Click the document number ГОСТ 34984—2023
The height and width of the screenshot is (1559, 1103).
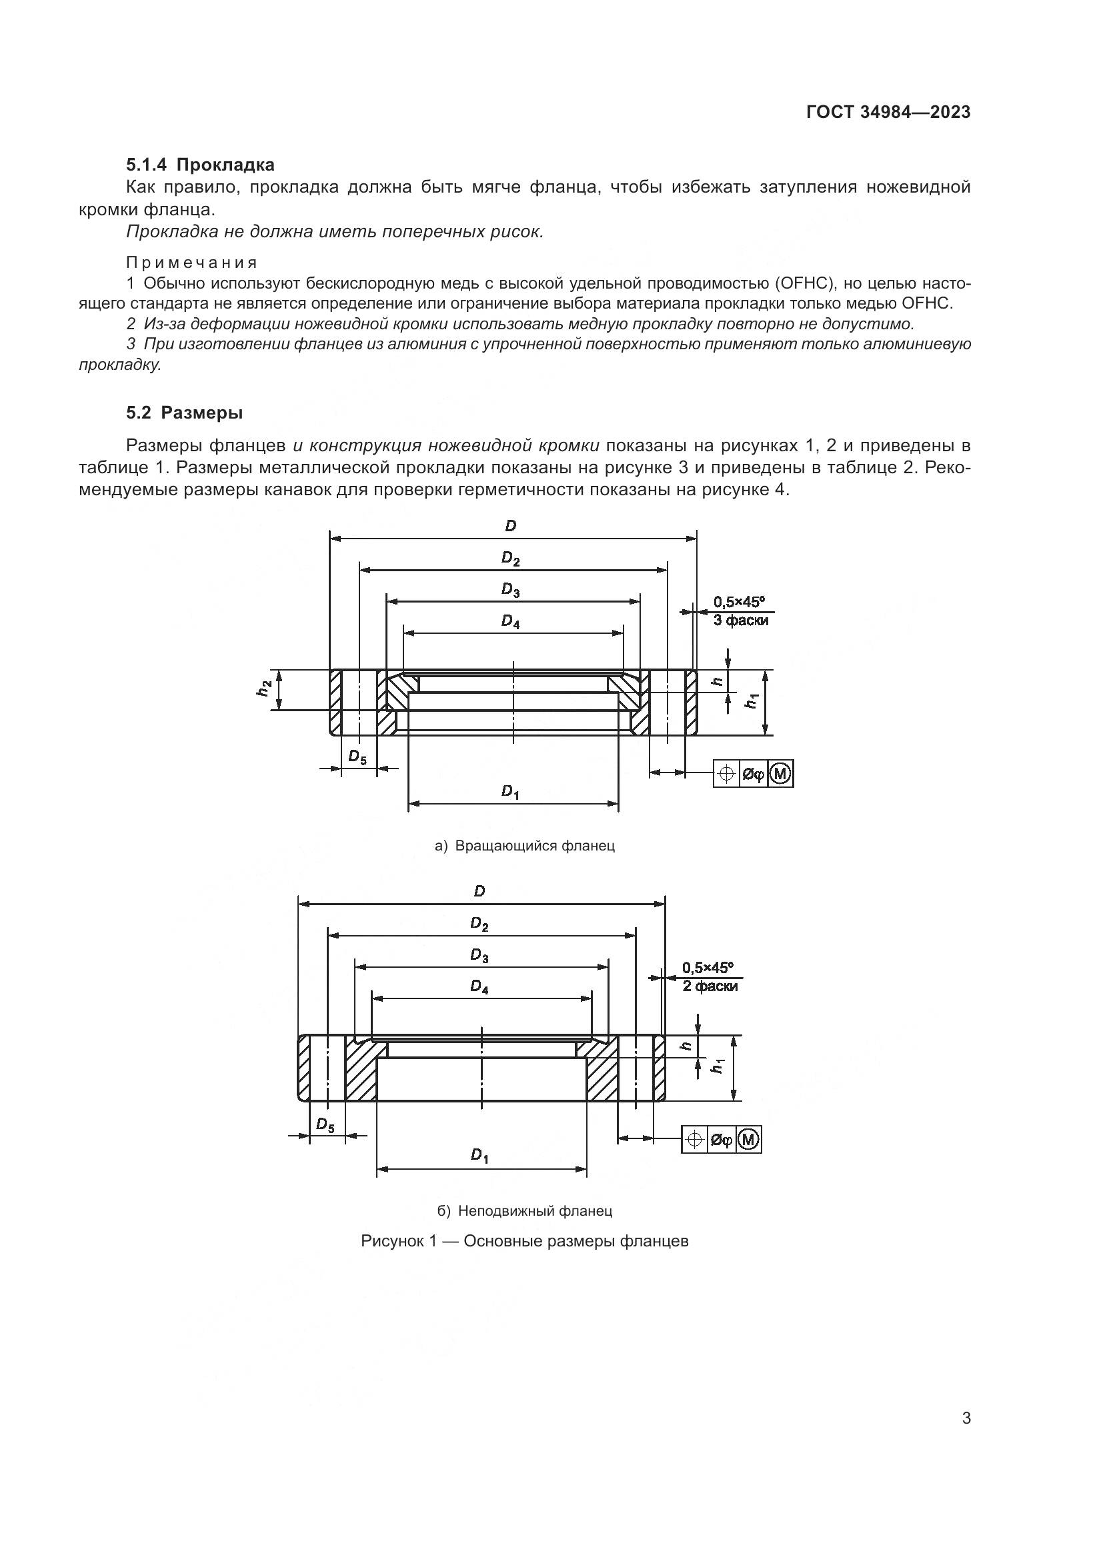point(888,113)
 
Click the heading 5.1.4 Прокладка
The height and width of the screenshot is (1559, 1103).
point(200,165)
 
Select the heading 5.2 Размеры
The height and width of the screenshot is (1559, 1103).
point(184,413)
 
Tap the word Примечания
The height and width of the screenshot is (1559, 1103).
point(192,263)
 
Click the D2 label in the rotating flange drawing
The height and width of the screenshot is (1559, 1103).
point(511,559)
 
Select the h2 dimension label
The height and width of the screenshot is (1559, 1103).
point(264,689)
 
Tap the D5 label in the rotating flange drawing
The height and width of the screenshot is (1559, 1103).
point(357,757)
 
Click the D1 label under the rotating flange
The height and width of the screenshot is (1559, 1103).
point(511,791)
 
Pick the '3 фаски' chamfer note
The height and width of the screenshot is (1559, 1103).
point(740,620)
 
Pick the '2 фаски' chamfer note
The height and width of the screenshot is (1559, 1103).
point(710,986)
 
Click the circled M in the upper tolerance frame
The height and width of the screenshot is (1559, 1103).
point(781,773)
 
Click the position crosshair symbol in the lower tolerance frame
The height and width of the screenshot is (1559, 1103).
point(694,1139)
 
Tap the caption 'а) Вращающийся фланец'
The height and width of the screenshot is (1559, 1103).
point(524,846)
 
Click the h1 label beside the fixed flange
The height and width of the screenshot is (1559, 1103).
point(718,1066)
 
